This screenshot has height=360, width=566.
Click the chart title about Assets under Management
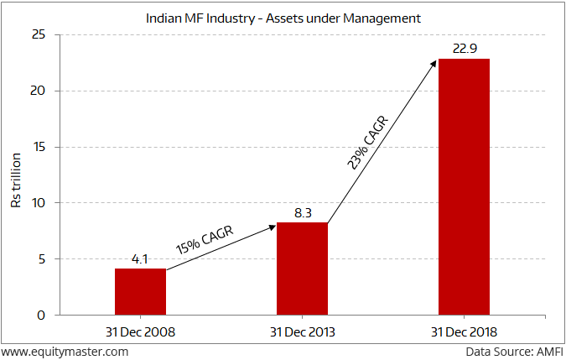pos(283,17)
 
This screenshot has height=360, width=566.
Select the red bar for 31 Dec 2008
pos(140,292)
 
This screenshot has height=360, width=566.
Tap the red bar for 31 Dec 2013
pos(302,269)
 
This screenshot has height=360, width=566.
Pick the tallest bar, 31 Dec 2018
pos(464,187)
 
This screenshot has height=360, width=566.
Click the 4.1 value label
pos(140,259)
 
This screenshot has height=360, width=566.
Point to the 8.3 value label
pos(302,213)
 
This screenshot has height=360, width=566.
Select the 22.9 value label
pos(464,49)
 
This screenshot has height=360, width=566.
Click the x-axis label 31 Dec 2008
pos(140,332)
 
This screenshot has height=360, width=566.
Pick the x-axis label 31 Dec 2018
pos(464,332)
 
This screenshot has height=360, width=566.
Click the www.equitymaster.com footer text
pos(65,352)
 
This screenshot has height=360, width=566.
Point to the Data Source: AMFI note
pos(513,352)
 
